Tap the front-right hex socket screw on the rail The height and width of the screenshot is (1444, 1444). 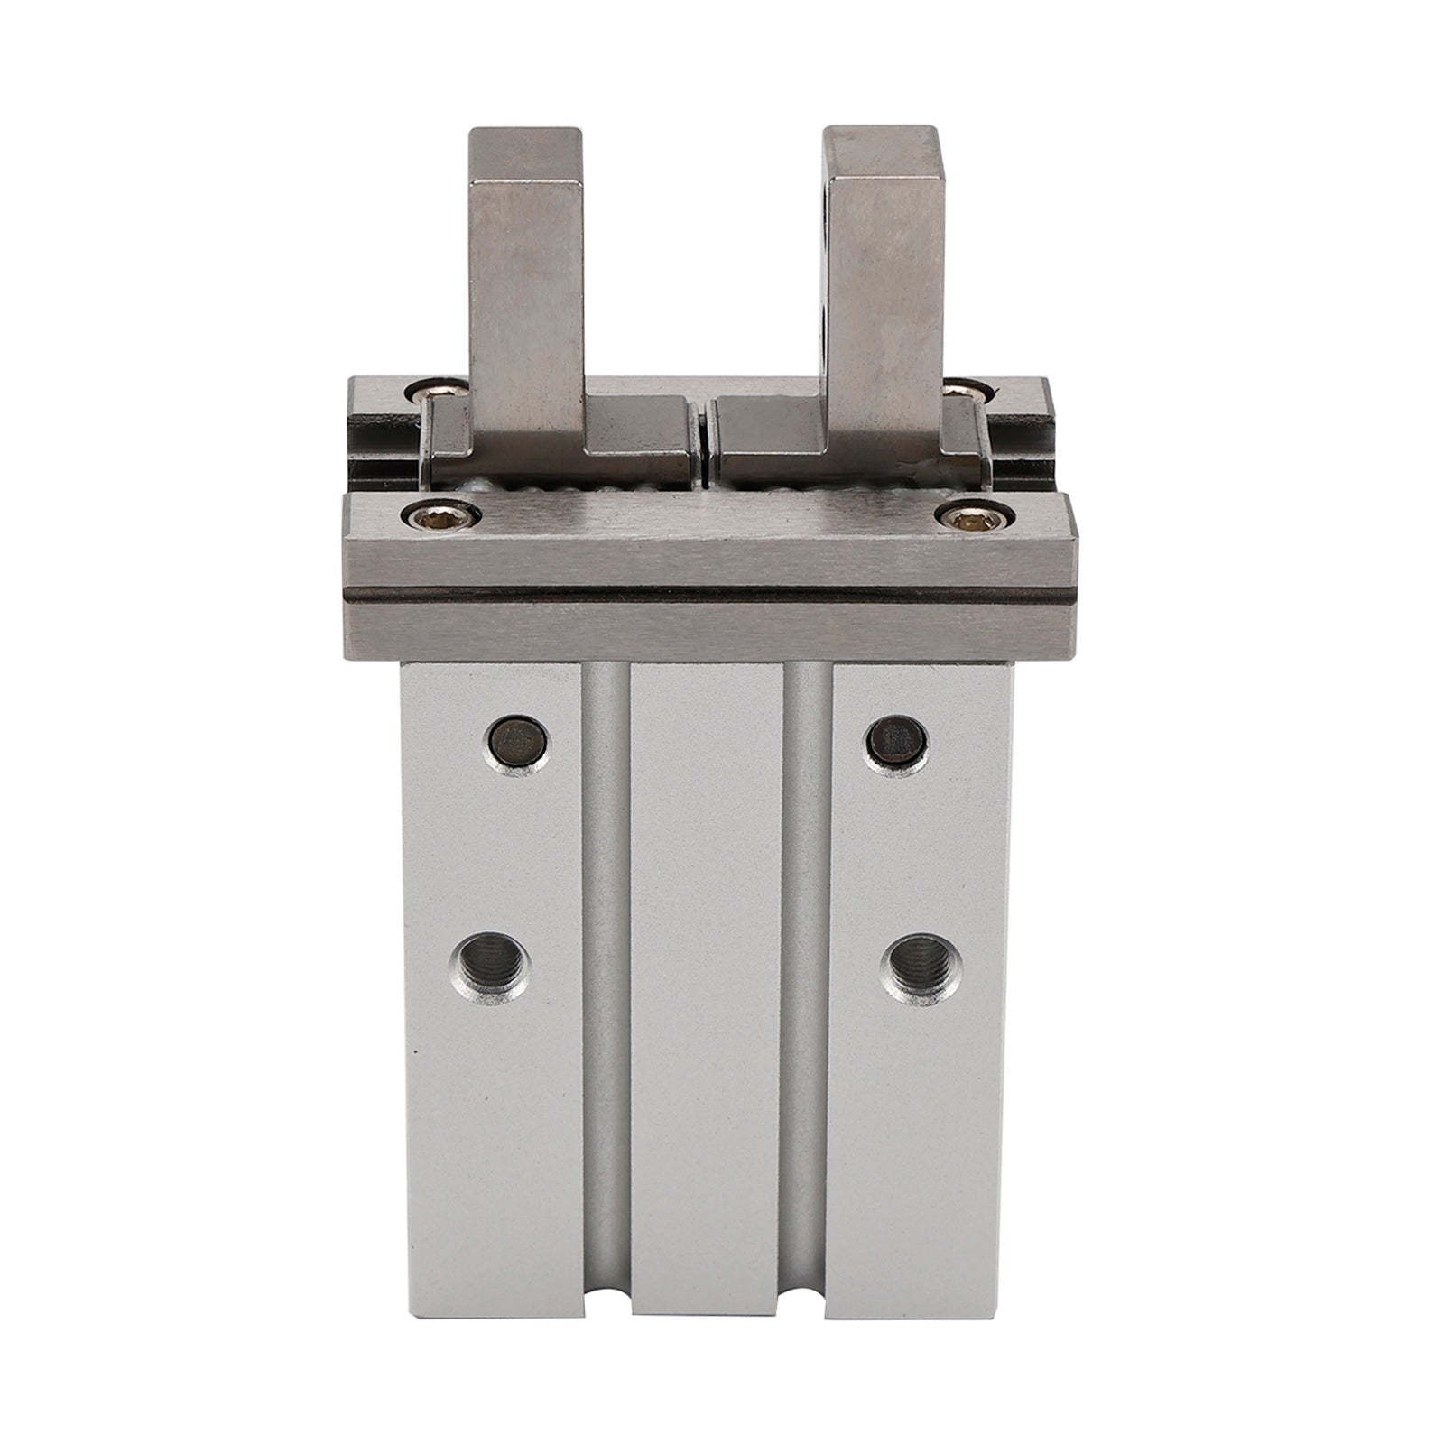(x=959, y=516)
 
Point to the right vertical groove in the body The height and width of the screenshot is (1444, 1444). (x=807, y=993)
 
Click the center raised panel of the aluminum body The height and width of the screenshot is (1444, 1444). (x=708, y=993)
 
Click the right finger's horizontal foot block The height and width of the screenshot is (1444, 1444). (x=776, y=431)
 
